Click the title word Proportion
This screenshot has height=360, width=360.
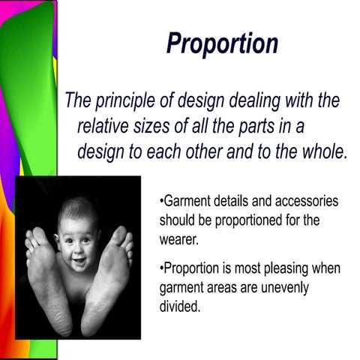(222, 43)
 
